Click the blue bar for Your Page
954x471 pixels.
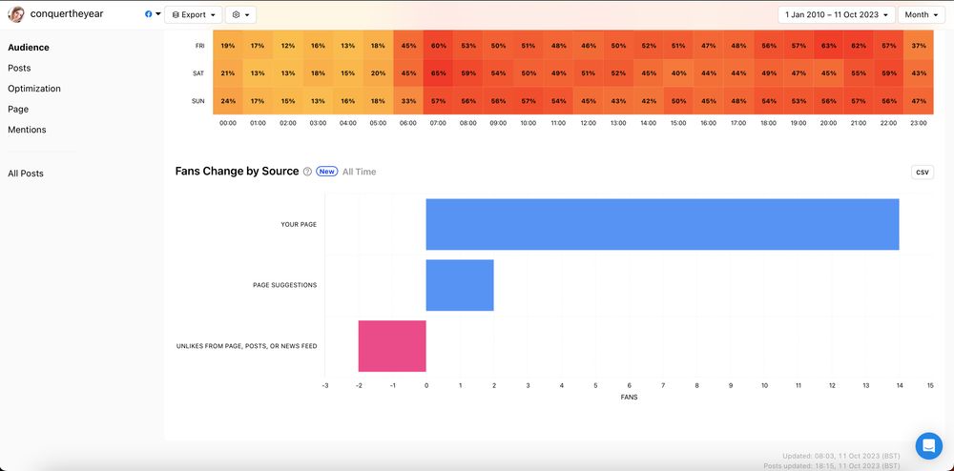662,224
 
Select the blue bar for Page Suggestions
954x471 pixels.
460,285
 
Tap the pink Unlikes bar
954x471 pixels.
392,345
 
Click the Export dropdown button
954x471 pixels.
194,15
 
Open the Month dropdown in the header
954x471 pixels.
921,15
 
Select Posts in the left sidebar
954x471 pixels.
19,69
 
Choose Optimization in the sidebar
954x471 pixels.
34,89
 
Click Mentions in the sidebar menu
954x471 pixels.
27,130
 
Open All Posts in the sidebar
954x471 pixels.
26,174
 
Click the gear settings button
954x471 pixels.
240,15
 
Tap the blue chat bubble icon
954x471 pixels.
928,445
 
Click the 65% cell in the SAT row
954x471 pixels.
439,73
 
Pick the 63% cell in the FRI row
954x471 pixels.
829,46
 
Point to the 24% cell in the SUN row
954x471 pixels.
228,101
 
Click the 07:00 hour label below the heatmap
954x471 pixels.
439,122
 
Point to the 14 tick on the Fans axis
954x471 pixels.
899,385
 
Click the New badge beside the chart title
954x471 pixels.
327,172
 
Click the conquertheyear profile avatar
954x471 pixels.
16,15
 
